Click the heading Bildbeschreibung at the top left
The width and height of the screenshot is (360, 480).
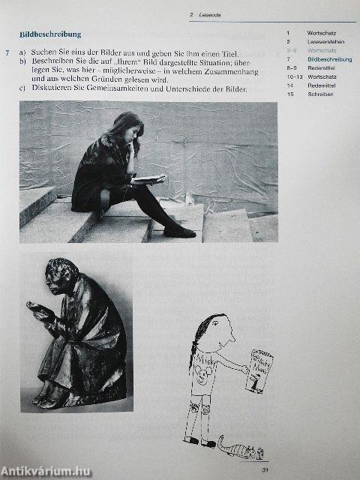[50, 34]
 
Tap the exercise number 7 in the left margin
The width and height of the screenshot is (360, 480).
[7, 52]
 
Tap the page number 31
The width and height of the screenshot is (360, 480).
[265, 470]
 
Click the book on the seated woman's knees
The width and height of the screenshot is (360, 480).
[148, 179]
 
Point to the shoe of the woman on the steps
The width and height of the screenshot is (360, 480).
[179, 232]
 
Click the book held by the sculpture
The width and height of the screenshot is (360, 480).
[39, 307]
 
